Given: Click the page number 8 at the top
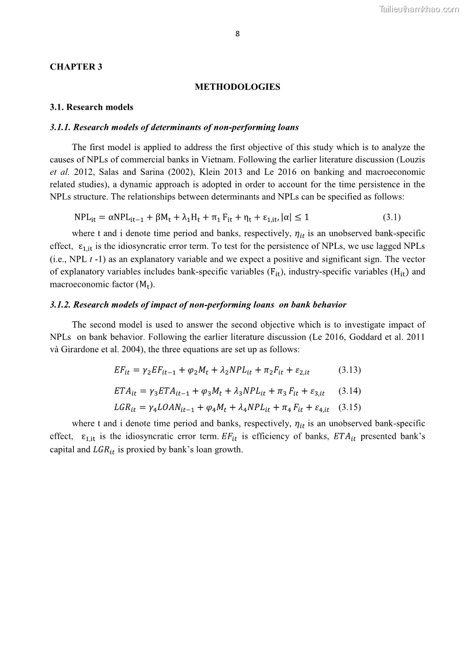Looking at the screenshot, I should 237,34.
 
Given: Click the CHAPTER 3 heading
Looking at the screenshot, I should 76,67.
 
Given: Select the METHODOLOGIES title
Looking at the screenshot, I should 237,87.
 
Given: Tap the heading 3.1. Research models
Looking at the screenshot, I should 91,107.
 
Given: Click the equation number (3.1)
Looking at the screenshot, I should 392,217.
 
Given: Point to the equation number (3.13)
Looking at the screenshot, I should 349,370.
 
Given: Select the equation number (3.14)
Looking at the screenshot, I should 349,391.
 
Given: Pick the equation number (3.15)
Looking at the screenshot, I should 349,407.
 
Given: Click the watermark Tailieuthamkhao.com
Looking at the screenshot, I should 419,9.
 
